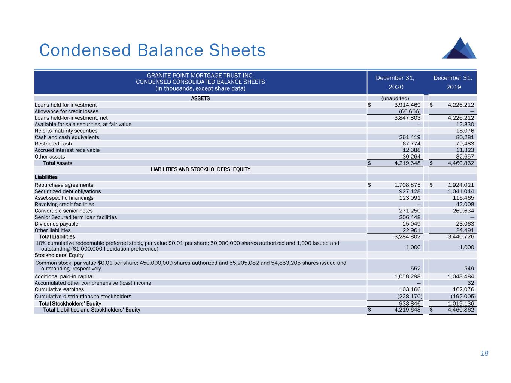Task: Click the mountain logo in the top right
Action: tap(459, 48)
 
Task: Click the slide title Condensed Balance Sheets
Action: tap(152, 50)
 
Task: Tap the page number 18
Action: tap(484, 353)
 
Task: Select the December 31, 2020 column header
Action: tap(395, 82)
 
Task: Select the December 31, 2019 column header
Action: tap(453, 82)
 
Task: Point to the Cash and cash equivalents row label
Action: tap(67, 137)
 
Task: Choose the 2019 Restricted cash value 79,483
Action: tap(463, 144)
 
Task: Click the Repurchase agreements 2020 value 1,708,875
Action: tap(407, 185)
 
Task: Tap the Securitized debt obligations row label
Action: tap(68, 191)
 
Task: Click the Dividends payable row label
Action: tap(57, 224)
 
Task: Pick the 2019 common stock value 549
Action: tap(469, 269)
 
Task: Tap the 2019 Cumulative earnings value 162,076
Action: tap(462, 289)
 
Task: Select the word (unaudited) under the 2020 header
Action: tap(395, 99)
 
